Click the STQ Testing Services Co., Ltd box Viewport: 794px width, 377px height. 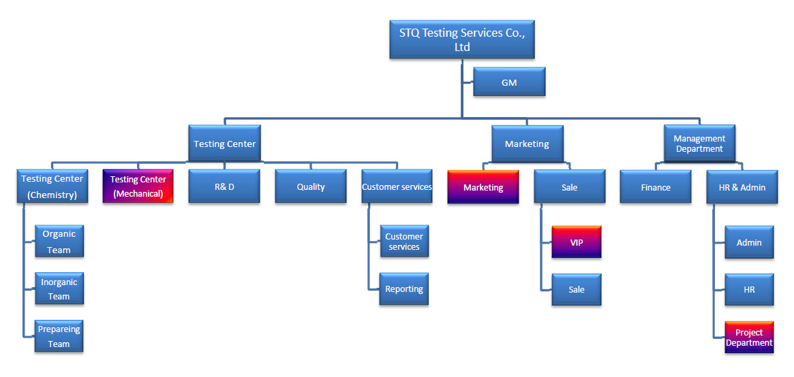coord(462,39)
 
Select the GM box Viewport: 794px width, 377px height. coord(509,82)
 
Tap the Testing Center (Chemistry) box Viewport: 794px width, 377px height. coord(52,186)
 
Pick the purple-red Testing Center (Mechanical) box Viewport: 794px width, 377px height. coord(138,186)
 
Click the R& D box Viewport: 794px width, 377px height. coord(224,186)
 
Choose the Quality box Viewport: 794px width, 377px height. coord(311,186)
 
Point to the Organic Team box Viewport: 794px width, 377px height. coord(59,242)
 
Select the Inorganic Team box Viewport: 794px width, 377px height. coord(59,289)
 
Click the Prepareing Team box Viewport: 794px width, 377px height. coord(59,336)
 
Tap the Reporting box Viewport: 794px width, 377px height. coord(404,289)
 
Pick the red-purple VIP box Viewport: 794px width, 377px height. coord(577,242)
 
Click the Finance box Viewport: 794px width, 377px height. coord(656,187)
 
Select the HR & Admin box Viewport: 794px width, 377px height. coord(742,187)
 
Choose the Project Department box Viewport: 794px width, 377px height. coord(750,337)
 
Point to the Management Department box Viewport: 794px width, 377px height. coord(699,144)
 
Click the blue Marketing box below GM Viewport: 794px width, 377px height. coord(527,144)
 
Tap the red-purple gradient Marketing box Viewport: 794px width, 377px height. coord(483,187)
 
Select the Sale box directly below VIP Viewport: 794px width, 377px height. coord(577,290)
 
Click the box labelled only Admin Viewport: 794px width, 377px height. coord(750,242)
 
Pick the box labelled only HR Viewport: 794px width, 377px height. coord(750,290)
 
